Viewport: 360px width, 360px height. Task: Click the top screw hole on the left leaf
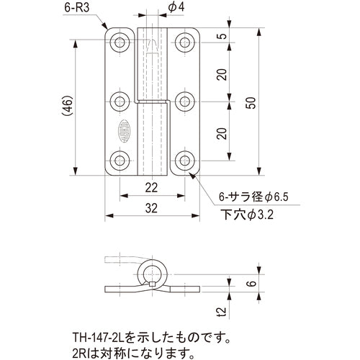[120, 40]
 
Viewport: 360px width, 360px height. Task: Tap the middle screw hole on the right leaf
[186, 100]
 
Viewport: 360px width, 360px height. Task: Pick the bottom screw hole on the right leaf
[186, 160]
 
